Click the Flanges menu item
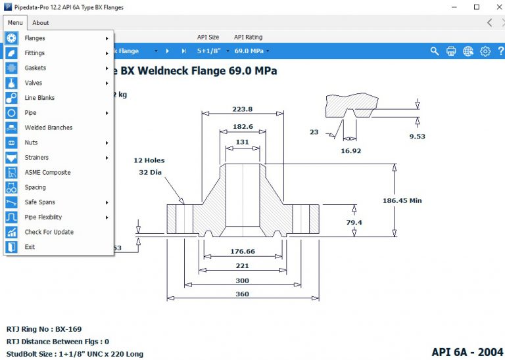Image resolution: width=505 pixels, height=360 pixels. [x=35, y=38]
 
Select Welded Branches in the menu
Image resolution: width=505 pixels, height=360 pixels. [x=49, y=127]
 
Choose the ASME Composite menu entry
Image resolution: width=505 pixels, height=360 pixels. [x=47, y=172]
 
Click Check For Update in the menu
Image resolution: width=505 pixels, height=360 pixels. [x=49, y=232]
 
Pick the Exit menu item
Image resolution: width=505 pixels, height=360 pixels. [x=30, y=247]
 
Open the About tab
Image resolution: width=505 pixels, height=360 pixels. [x=41, y=23]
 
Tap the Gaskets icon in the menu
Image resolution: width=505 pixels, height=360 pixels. [x=12, y=68]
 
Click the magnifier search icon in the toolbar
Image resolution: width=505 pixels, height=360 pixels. [x=435, y=51]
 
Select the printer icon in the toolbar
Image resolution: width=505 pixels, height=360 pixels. [x=451, y=51]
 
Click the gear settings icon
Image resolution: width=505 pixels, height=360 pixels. [x=485, y=51]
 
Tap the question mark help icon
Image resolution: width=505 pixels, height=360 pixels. [x=500, y=51]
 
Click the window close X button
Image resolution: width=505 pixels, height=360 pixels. [x=495, y=7]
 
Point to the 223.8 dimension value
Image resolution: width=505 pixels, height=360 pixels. [x=242, y=109]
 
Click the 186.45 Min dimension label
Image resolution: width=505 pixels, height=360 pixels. [x=402, y=200]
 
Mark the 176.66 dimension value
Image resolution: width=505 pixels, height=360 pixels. [x=243, y=251]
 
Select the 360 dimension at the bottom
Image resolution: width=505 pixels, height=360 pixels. [x=242, y=294]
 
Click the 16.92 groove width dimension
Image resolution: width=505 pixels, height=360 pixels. [x=350, y=150]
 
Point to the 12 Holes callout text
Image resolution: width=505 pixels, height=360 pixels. [x=149, y=160]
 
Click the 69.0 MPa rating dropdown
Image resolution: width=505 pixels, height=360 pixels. [x=251, y=51]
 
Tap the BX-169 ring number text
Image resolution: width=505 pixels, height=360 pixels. [x=68, y=329]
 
